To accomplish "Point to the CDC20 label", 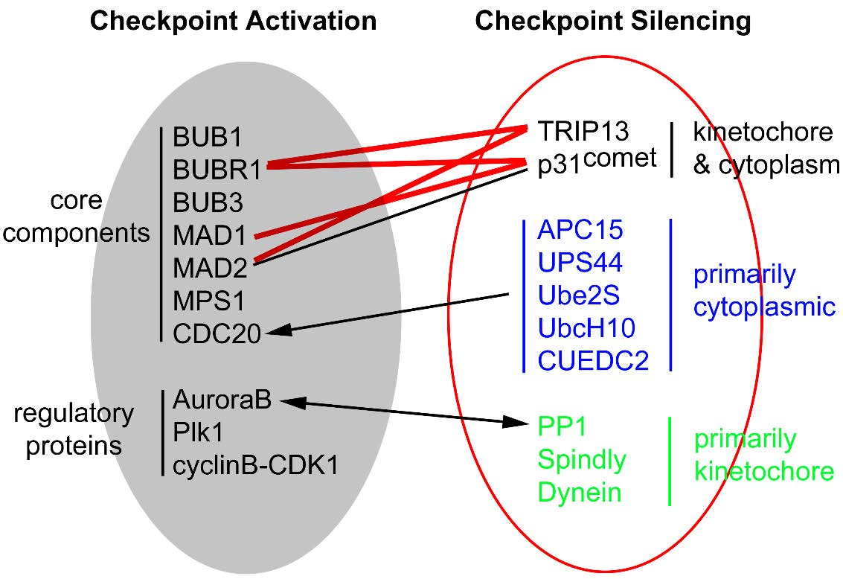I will coord(217,334).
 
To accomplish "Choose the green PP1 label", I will coord(562,427).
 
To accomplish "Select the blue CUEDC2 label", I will coord(593,361).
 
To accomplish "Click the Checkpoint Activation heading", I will coord(233,21).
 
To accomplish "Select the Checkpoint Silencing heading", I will coord(613,21).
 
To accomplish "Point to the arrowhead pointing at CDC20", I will coord(276,332).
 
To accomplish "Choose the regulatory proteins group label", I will coord(74,429).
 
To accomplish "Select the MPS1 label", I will coord(209,301).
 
